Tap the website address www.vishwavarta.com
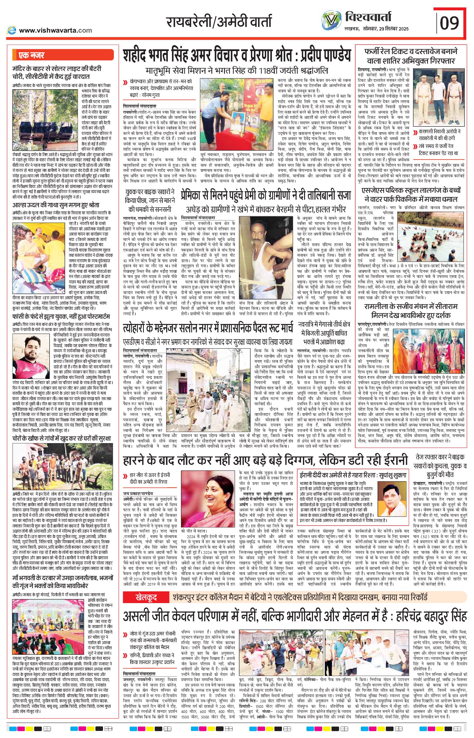(x=55, y=30)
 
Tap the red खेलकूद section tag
(x=146, y=598)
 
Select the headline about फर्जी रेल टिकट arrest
(x=411, y=56)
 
